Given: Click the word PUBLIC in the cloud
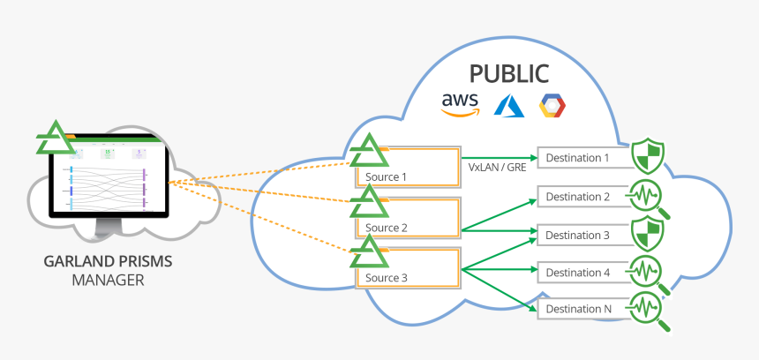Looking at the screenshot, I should [508, 73].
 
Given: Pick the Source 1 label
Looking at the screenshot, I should [386, 176].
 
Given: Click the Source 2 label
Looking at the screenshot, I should [386, 228].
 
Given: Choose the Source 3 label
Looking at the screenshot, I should [386, 278].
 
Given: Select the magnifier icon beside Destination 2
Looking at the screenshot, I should [649, 196].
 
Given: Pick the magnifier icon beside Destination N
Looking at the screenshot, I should [649, 309].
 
